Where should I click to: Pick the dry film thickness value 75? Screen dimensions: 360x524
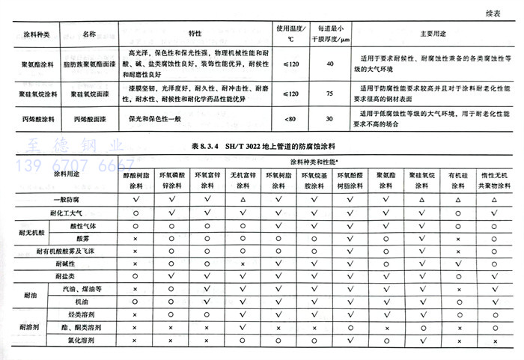pyautogui.click(x=330, y=94)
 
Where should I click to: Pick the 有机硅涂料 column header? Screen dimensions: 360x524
pyautogui.click(x=457, y=181)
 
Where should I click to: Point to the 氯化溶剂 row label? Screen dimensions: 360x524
pyautogui.click(x=82, y=341)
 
